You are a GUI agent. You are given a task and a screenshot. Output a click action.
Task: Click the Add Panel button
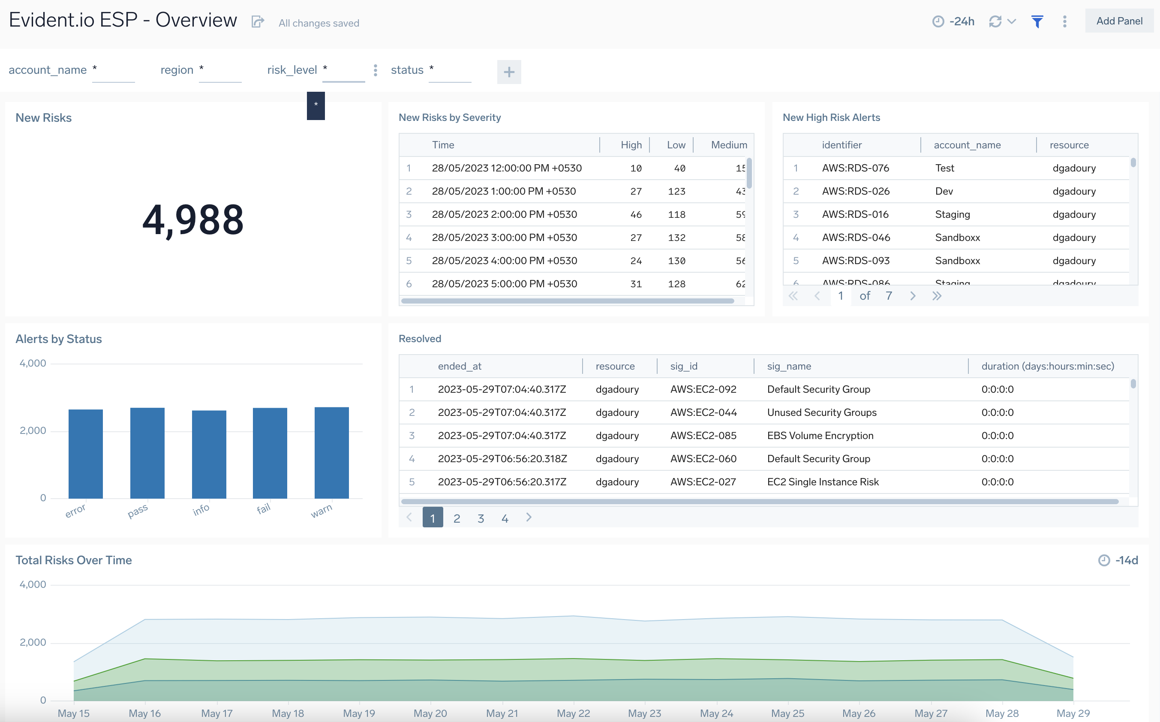click(x=1118, y=21)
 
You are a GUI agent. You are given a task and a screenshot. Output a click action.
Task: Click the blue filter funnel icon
click(x=1037, y=21)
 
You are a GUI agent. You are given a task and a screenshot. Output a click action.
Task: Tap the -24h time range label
click(x=961, y=21)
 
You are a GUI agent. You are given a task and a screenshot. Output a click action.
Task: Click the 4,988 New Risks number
click(x=193, y=220)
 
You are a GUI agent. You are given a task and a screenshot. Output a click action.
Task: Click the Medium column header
click(x=728, y=144)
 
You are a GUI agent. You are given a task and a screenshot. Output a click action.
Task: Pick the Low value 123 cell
click(x=676, y=192)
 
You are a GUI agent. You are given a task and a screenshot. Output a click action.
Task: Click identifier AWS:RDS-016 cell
click(x=855, y=214)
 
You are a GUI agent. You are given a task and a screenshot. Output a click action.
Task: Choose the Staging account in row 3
click(x=953, y=214)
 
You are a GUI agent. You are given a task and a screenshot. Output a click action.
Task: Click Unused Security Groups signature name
click(x=821, y=412)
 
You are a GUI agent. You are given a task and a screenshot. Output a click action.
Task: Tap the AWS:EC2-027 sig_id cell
click(x=703, y=482)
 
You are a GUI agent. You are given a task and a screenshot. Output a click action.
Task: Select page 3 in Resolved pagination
click(x=481, y=518)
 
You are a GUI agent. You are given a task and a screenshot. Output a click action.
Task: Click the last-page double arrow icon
click(x=937, y=296)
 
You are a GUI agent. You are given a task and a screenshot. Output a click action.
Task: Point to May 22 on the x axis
click(x=573, y=713)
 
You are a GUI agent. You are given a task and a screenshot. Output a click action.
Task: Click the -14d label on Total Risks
click(x=1126, y=560)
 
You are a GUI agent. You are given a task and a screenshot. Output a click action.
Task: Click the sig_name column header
click(x=789, y=366)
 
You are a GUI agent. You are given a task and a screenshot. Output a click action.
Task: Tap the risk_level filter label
click(x=292, y=70)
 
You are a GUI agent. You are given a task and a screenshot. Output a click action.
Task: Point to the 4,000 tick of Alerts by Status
click(x=33, y=364)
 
